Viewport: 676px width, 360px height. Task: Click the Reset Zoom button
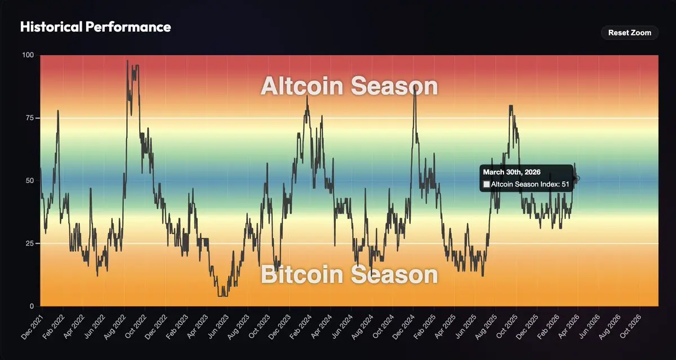pyautogui.click(x=630, y=33)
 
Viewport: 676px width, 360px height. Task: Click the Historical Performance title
pyautogui.click(x=96, y=27)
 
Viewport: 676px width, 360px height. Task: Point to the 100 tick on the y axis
pyautogui.click(x=28, y=55)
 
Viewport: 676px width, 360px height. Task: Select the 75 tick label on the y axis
pyautogui.click(x=30, y=118)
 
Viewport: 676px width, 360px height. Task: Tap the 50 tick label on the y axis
pyautogui.click(x=30, y=180)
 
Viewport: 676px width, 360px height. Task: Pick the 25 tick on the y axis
pyautogui.click(x=30, y=243)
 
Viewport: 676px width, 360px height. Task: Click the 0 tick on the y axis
pyautogui.click(x=32, y=306)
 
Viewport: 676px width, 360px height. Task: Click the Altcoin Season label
pyautogui.click(x=349, y=86)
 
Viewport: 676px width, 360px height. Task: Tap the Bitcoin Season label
pyautogui.click(x=349, y=274)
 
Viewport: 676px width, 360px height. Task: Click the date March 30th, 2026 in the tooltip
pyautogui.click(x=512, y=172)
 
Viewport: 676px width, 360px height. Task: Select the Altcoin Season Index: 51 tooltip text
pyautogui.click(x=530, y=184)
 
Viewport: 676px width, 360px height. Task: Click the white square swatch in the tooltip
pyautogui.click(x=487, y=184)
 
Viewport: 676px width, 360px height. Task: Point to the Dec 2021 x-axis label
pyautogui.click(x=32, y=327)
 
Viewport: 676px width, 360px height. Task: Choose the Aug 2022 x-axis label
pyautogui.click(x=115, y=327)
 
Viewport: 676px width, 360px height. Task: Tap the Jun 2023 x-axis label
pyautogui.click(x=218, y=327)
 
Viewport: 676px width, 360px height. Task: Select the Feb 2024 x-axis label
pyautogui.click(x=300, y=327)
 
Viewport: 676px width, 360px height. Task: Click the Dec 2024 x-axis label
pyautogui.click(x=403, y=327)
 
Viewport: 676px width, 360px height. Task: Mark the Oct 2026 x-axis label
pyautogui.click(x=630, y=327)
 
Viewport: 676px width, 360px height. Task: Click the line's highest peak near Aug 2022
pyautogui.click(x=127, y=60)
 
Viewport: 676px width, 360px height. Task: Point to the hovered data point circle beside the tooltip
pyautogui.click(x=577, y=179)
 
